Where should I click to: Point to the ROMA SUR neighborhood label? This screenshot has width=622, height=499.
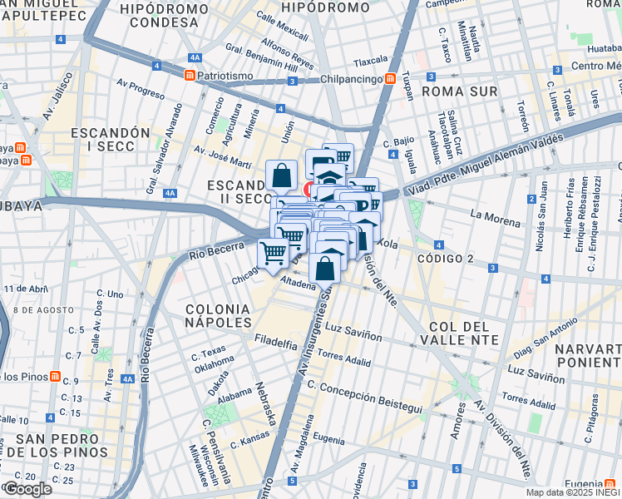click(x=460, y=91)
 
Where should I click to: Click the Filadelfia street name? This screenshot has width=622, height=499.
click(x=276, y=342)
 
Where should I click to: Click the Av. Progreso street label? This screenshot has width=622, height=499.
click(x=141, y=88)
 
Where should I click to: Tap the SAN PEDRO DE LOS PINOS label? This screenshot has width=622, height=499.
click(x=62, y=446)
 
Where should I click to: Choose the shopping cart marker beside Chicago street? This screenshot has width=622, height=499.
click(x=273, y=253)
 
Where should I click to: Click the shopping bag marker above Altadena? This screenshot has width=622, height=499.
click(x=325, y=268)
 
